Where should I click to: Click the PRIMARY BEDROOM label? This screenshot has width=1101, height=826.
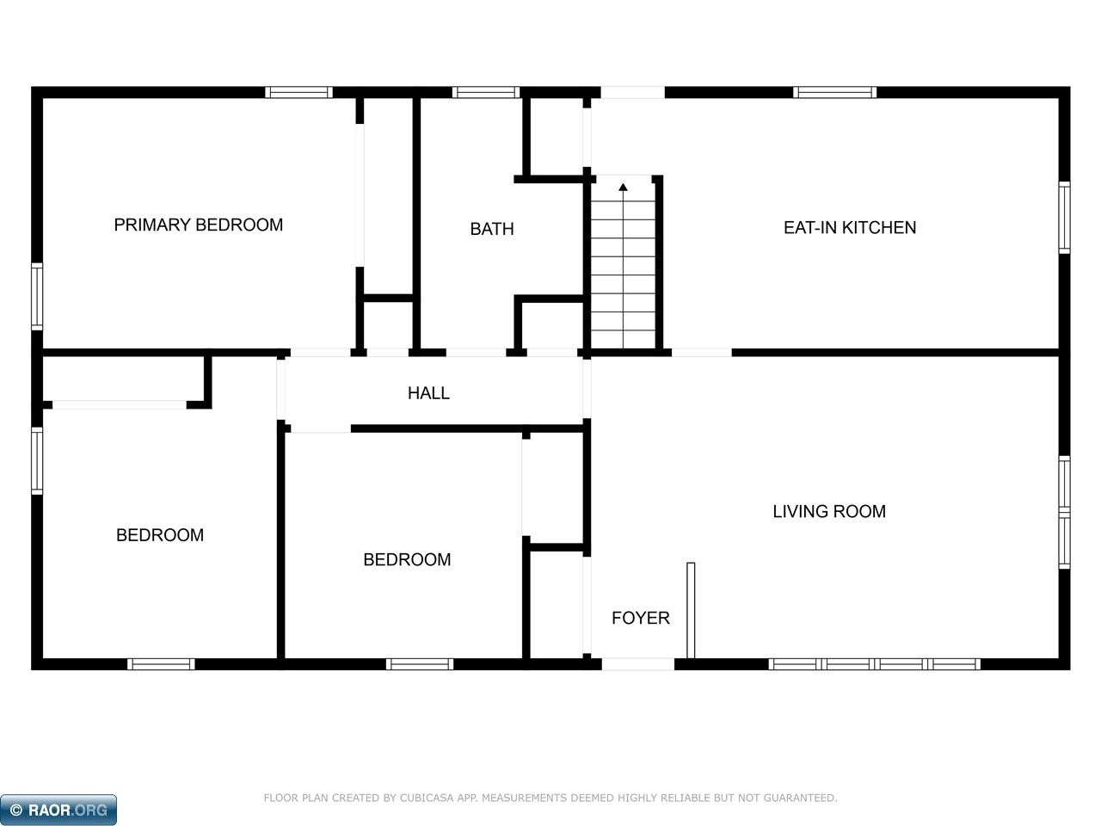[x=198, y=225]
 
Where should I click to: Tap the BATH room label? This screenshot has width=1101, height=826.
[x=491, y=229]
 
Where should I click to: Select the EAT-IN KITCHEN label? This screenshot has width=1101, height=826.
[x=849, y=228]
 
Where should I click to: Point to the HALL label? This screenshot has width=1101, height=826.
[x=428, y=393]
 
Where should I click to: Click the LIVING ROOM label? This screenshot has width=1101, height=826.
[x=828, y=512]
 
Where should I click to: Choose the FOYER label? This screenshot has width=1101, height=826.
[x=640, y=618]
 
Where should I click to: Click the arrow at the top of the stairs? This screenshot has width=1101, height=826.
[x=623, y=186]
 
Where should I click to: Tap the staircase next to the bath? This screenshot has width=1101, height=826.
[x=623, y=267]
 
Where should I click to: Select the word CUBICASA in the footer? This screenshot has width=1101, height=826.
[x=429, y=798]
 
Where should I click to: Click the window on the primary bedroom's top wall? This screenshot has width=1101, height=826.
[x=298, y=92]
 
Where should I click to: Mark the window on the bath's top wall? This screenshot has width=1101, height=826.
[x=486, y=92]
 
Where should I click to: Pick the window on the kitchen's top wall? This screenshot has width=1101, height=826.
[x=834, y=92]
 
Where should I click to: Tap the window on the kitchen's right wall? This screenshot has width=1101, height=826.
[x=1064, y=218]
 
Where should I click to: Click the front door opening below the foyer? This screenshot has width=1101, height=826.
[x=637, y=664]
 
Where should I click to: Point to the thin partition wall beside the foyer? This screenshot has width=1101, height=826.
[x=691, y=611]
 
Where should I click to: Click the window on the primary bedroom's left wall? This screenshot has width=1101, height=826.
[x=37, y=297]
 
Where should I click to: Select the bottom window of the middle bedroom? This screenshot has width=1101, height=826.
[x=420, y=664]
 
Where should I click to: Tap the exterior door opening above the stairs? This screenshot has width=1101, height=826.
[x=632, y=92]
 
